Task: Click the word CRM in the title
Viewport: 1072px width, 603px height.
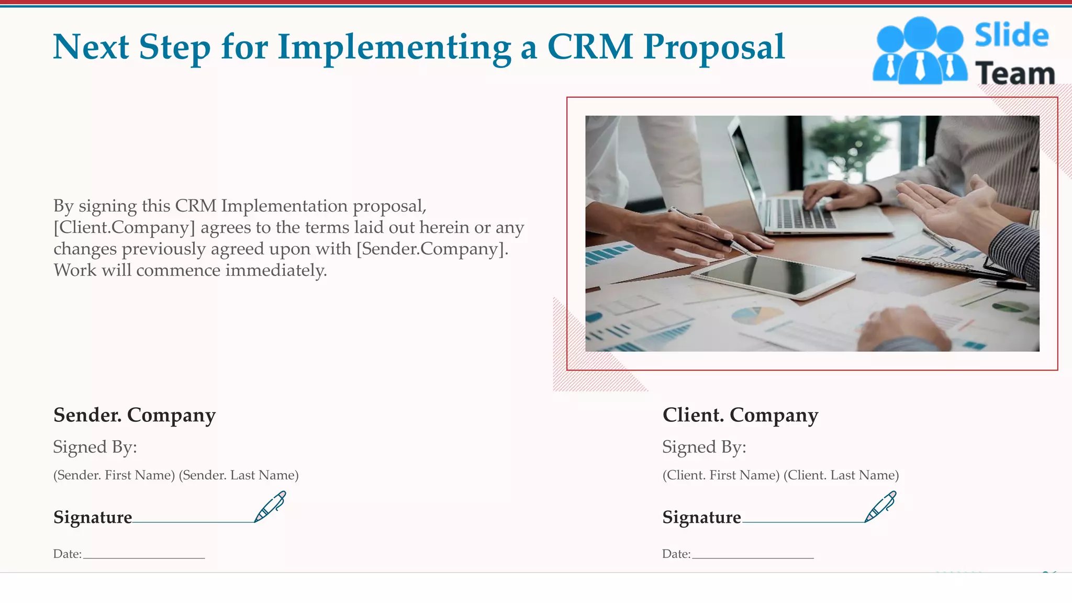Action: click(589, 47)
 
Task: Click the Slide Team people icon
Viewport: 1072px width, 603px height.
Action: click(919, 51)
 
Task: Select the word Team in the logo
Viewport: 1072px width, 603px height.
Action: click(1014, 74)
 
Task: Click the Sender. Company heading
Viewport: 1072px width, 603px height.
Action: click(135, 415)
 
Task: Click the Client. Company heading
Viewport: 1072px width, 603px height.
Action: click(740, 415)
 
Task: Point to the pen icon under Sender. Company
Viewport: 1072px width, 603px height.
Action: click(270, 506)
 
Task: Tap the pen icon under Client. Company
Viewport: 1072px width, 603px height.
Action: click(880, 506)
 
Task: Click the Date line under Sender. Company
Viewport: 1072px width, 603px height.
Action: click(144, 557)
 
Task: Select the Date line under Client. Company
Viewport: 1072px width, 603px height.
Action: click(753, 557)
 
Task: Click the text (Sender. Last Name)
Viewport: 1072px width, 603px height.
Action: click(239, 475)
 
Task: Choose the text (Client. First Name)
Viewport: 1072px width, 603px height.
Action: click(721, 475)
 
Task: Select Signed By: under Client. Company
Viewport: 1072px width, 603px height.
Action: click(704, 447)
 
